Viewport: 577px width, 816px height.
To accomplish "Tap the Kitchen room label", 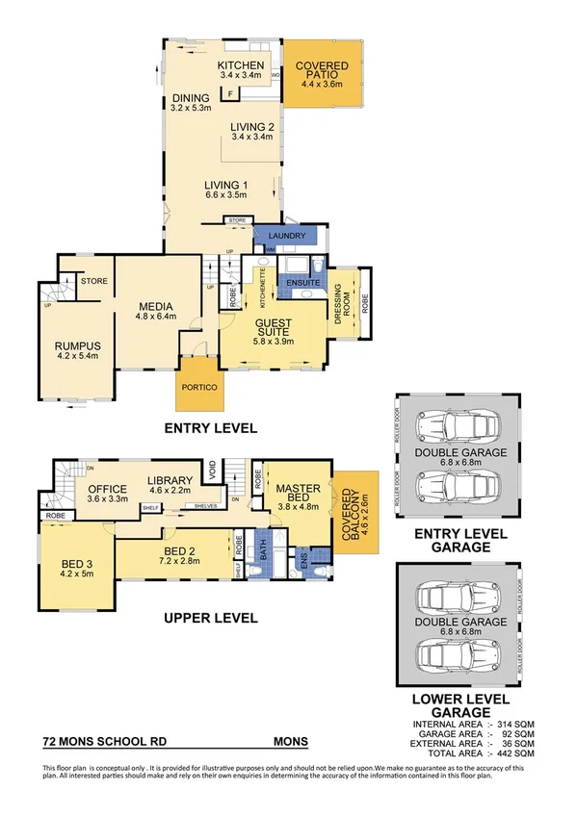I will point(240,65).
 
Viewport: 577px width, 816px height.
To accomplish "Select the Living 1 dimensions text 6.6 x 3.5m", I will point(226,195).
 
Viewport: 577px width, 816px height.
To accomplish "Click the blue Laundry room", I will point(288,236).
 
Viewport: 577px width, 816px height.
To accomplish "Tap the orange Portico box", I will point(198,387).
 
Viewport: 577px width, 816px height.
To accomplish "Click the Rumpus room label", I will point(78,346).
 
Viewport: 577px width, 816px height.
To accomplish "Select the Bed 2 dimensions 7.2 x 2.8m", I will point(170,564).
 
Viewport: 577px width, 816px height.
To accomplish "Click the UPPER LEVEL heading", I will point(209,618).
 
